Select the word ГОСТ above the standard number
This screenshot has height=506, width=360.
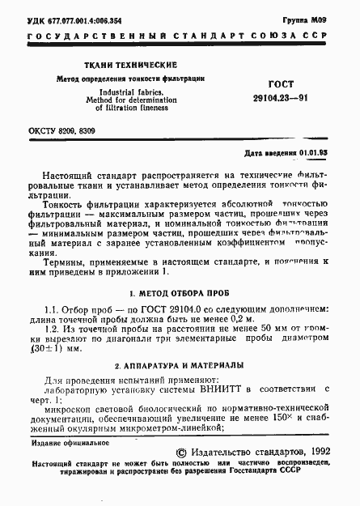tap(284, 84)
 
